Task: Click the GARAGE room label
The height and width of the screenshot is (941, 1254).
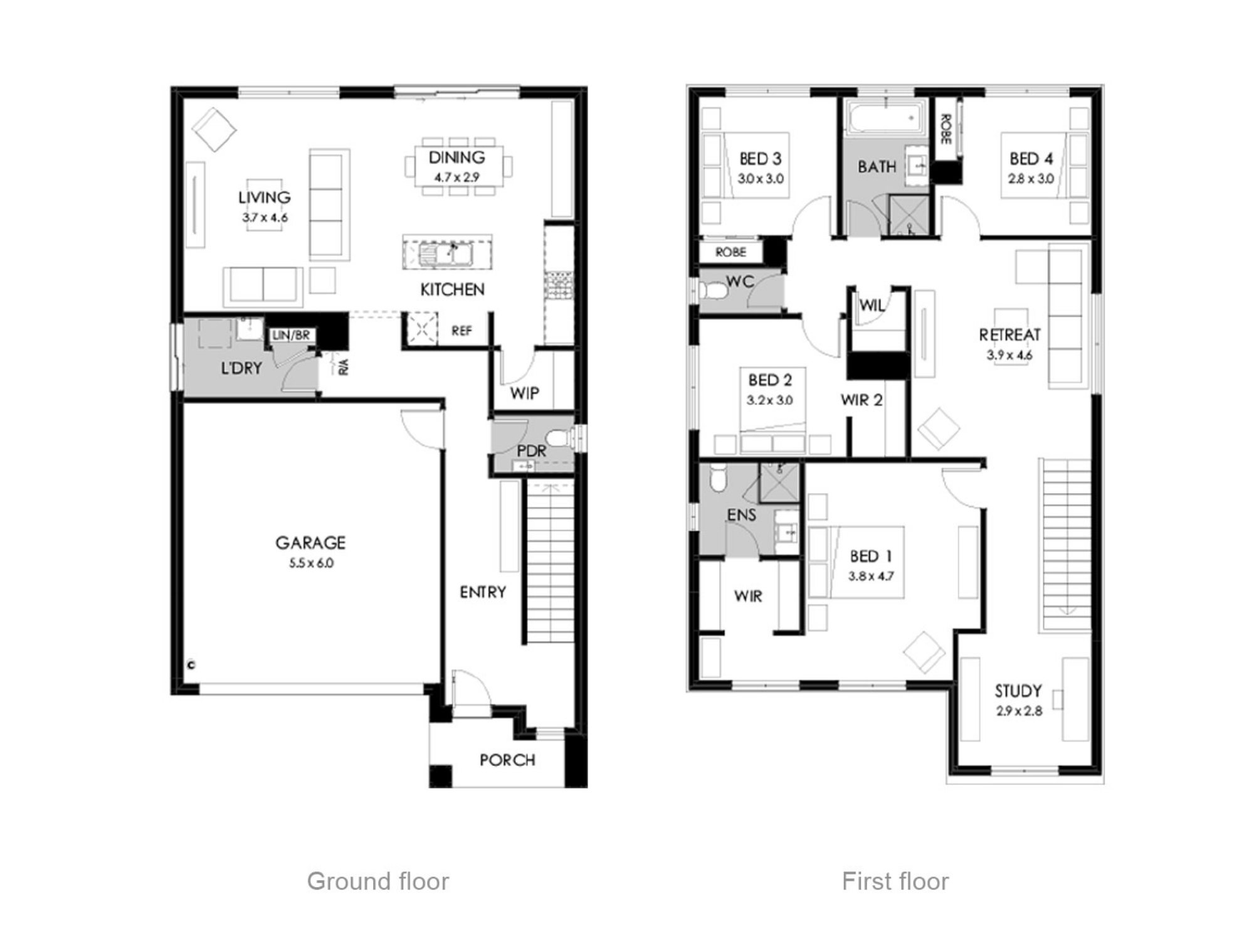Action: [x=310, y=543]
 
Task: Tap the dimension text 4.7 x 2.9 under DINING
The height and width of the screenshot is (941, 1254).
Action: [x=456, y=178]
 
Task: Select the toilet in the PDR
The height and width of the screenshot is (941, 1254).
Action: [x=557, y=437]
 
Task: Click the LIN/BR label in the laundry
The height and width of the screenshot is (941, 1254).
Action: [x=291, y=336]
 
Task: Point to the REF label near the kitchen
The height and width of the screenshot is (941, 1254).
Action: [x=461, y=331]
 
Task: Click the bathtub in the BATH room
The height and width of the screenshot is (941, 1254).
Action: [x=885, y=118]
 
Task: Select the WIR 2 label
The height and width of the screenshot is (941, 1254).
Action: [x=861, y=400]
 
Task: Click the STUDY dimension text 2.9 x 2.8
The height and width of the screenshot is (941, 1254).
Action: [x=1019, y=711]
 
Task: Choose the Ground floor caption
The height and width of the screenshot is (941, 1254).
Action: [x=378, y=881]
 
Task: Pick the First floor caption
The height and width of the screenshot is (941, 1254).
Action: [x=895, y=881]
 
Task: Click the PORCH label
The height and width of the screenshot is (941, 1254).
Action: [x=507, y=760]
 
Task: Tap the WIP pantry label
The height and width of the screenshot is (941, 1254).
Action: [x=524, y=393]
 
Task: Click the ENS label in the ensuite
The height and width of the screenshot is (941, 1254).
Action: [x=741, y=515]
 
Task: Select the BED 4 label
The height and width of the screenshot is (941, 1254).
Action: [x=1031, y=159]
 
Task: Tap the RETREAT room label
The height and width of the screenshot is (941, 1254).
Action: [x=1009, y=335]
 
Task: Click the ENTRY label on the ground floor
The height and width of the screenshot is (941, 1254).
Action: [x=483, y=592]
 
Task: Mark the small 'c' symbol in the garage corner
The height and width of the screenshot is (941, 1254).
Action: [x=191, y=665]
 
